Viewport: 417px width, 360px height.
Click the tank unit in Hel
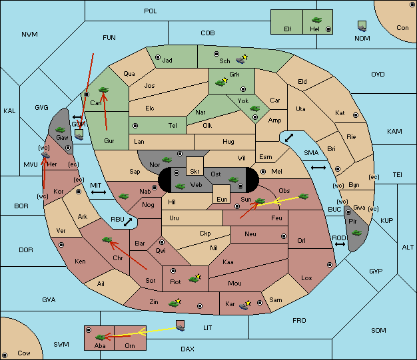(x=316, y=20)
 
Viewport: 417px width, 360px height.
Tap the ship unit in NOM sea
(x=362, y=27)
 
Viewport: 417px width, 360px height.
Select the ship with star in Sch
(x=242, y=59)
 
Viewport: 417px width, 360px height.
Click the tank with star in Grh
(x=221, y=82)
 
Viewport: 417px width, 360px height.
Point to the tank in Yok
(x=254, y=108)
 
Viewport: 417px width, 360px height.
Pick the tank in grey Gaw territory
(x=60, y=130)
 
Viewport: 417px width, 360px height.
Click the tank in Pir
(x=356, y=233)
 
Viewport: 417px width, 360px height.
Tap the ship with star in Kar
(x=244, y=305)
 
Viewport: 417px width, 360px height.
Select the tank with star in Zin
(x=175, y=303)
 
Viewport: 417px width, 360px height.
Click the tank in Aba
(x=101, y=337)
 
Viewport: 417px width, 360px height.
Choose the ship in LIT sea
(x=181, y=325)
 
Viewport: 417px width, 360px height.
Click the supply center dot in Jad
(x=158, y=57)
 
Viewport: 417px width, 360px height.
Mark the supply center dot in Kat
(x=356, y=115)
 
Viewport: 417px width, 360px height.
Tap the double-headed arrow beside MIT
(x=99, y=192)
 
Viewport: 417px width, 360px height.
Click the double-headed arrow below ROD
(x=340, y=244)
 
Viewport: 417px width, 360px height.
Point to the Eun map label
(x=222, y=200)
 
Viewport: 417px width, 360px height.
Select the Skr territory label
(x=195, y=172)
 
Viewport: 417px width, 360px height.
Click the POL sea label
(x=151, y=11)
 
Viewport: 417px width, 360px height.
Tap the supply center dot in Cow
(x=5, y=355)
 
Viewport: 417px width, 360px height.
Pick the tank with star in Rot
(x=195, y=279)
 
